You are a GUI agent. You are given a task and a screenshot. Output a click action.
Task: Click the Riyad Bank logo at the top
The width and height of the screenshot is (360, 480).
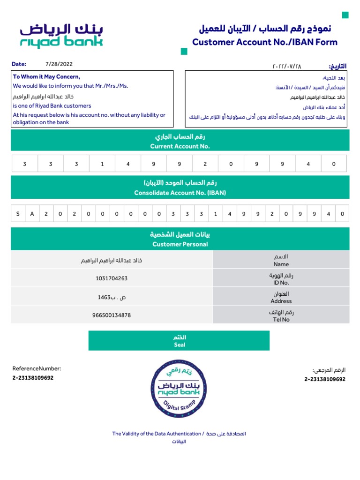pos(61,36)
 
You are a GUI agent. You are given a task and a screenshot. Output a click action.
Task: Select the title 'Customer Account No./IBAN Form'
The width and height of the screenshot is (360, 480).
pos(265,42)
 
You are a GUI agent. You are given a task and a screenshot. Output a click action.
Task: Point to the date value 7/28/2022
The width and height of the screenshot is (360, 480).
pos(59,64)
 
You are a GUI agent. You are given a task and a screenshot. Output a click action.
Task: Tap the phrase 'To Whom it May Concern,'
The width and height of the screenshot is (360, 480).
pos(46,77)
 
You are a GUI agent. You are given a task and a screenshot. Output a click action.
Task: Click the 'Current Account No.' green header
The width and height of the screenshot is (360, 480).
pos(180,146)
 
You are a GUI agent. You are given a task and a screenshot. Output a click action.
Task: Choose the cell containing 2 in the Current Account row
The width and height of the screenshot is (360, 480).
pos(205,164)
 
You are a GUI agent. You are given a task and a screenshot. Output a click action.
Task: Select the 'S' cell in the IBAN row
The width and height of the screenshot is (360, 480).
pos(18,214)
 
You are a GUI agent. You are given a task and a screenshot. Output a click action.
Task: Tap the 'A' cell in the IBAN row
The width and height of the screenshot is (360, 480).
pos(32,214)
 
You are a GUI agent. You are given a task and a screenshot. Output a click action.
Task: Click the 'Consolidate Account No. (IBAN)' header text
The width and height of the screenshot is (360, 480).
pos(180,193)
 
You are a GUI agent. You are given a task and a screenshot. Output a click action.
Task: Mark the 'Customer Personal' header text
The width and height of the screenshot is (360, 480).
pos(180,244)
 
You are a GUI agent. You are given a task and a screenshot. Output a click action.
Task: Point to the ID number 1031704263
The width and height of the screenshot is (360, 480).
pos(112,278)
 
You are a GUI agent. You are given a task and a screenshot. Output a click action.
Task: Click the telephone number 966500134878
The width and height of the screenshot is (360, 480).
pos(112,315)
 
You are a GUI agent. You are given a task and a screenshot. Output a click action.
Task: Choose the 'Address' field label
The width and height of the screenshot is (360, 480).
pos(281,301)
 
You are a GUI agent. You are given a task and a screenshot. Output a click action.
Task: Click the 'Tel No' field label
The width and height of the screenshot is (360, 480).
pos(281,319)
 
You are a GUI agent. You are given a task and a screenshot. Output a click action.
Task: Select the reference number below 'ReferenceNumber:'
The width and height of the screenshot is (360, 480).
pos(33,377)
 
